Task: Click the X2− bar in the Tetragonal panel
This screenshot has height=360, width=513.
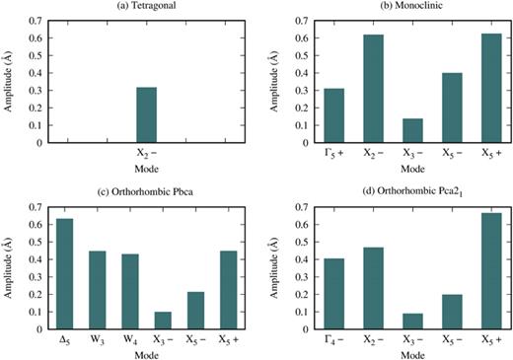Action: (x=146, y=115)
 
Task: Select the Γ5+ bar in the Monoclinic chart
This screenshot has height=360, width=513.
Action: (x=307, y=116)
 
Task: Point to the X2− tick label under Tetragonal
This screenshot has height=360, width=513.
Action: (x=146, y=154)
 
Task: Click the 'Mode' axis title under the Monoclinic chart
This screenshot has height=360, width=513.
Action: (x=398, y=168)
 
